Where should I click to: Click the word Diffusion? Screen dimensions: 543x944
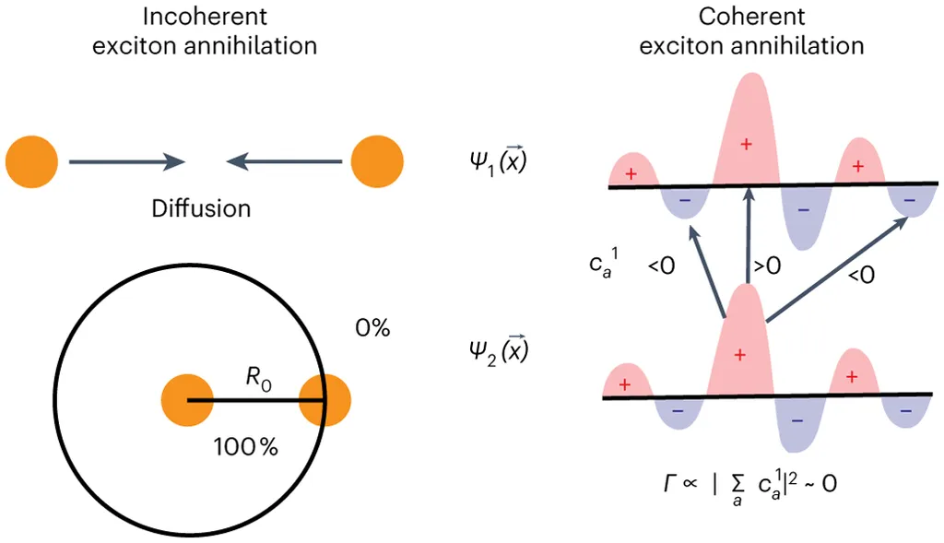[200, 208]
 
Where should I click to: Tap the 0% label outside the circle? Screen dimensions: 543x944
[373, 328]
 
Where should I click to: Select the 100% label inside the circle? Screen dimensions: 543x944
[245, 448]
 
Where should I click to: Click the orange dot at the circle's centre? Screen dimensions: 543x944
[187, 401]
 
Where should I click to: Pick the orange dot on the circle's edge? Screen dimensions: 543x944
[324, 401]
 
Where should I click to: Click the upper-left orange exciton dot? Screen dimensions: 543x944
[31, 162]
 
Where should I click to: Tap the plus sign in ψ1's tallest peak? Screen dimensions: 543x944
[747, 144]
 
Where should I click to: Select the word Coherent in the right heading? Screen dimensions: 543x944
[764, 17]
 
